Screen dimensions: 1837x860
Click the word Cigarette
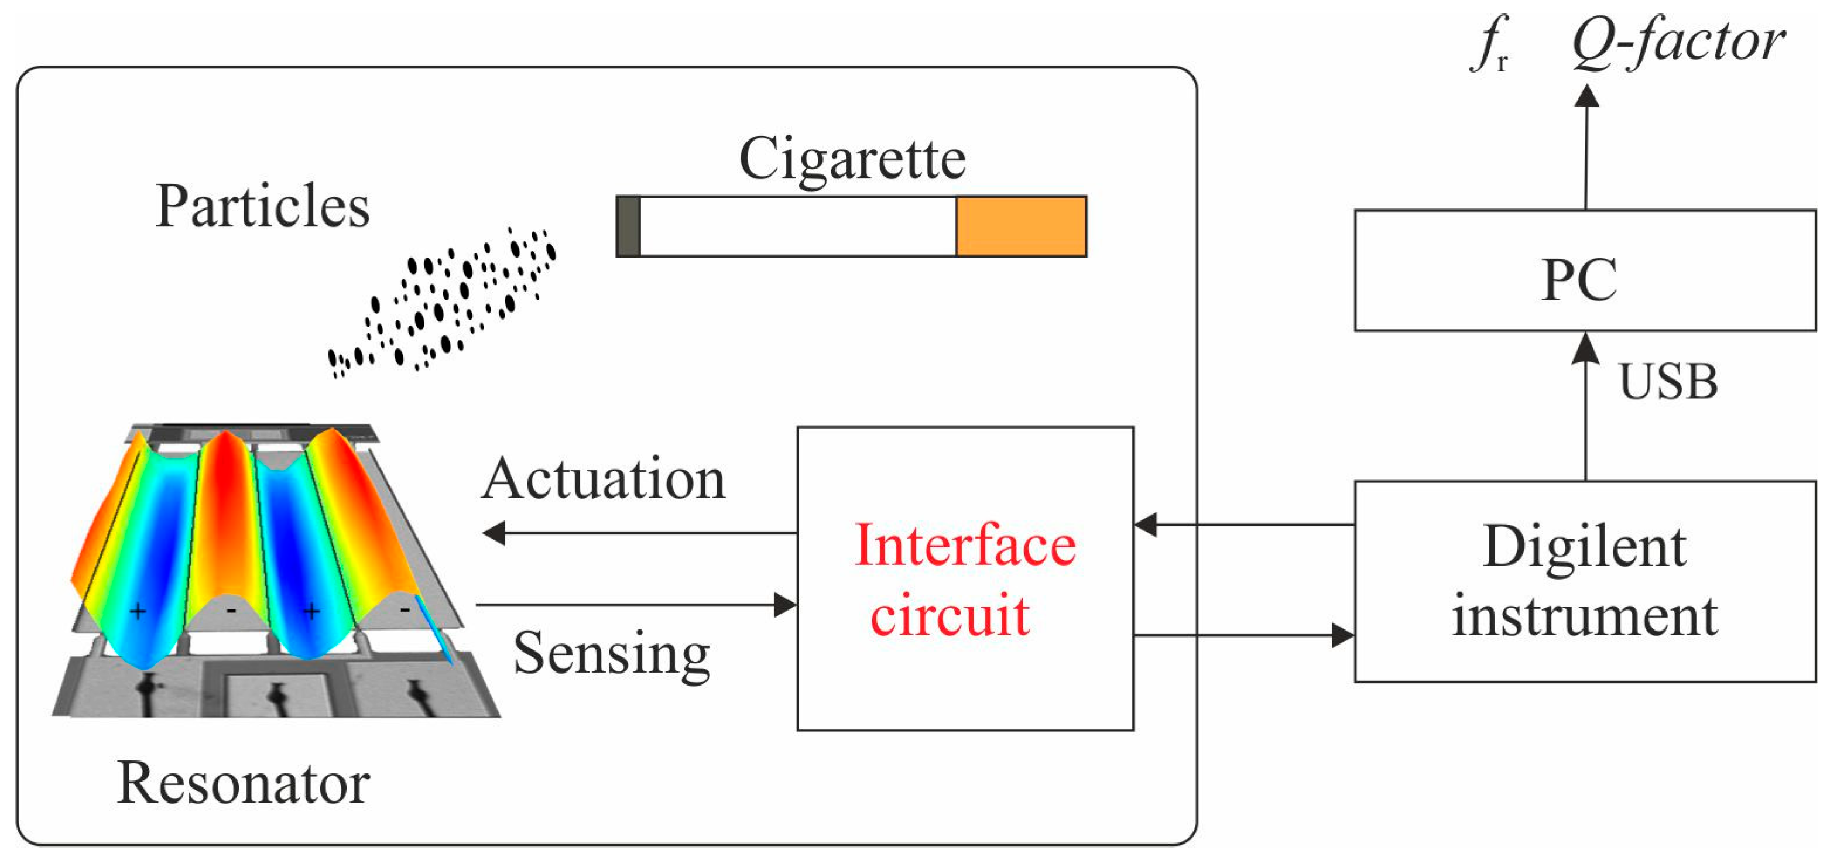pos(852,160)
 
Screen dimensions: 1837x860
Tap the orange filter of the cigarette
pos(1021,226)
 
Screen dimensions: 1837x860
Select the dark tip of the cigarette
pos(628,226)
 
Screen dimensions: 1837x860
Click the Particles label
pos(262,206)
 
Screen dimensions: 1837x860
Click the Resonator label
pos(243,783)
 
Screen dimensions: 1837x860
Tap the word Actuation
pos(604,479)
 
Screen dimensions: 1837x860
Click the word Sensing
pos(612,654)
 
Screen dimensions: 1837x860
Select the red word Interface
pos(965,546)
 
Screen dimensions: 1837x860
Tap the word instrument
pos(1585,615)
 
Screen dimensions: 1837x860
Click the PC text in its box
pos(1579,280)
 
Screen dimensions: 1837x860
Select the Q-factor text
pos(1678,43)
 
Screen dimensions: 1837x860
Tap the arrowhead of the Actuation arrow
pos(493,533)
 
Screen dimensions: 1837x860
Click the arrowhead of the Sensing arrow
pos(786,605)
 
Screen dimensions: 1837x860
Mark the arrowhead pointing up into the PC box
pos(1585,349)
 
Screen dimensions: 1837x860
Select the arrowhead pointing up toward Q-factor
pos(1586,96)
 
